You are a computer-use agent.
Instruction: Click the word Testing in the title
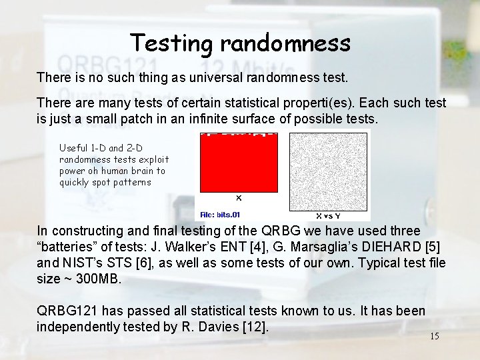coord(172,43)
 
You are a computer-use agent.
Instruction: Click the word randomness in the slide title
coord(285,43)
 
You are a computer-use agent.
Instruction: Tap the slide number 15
coord(434,336)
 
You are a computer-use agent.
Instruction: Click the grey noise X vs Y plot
coord(329,172)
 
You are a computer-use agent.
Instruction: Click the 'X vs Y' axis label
coord(328,216)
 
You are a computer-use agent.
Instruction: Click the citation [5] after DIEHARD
coord(431,247)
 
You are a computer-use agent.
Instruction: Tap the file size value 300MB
coord(99,279)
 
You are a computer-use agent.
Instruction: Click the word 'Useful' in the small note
coord(73,148)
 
